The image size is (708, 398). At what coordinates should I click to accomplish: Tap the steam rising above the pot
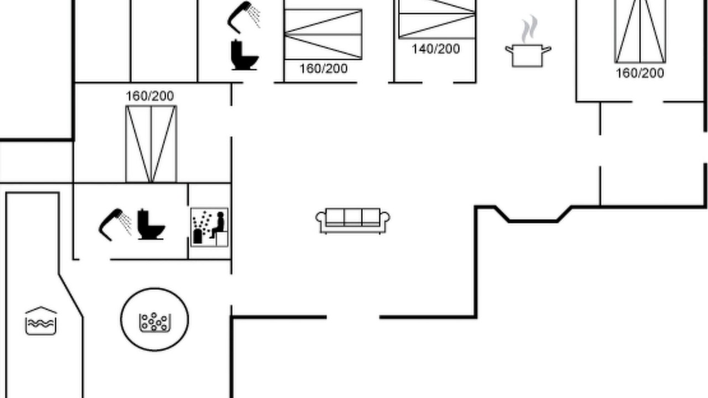pyautogui.click(x=529, y=28)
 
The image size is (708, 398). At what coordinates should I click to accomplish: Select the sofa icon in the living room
pyautogui.click(x=353, y=221)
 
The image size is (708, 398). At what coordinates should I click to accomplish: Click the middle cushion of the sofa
pyautogui.click(x=353, y=216)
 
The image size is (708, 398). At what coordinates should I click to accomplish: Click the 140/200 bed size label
pyautogui.click(x=436, y=49)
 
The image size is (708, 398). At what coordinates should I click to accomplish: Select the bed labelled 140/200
pyautogui.click(x=437, y=19)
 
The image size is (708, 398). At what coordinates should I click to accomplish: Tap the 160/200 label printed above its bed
pyautogui.click(x=150, y=96)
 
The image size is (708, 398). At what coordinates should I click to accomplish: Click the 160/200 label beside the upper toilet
pyautogui.click(x=324, y=69)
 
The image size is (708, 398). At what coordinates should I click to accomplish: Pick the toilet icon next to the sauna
pyautogui.click(x=151, y=224)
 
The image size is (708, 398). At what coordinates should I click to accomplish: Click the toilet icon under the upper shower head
pyautogui.click(x=244, y=55)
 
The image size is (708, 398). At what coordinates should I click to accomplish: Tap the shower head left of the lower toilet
pyautogui.click(x=114, y=225)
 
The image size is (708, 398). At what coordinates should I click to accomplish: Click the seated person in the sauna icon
pyautogui.click(x=218, y=225)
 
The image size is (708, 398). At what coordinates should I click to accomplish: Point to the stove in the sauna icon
pyautogui.click(x=197, y=236)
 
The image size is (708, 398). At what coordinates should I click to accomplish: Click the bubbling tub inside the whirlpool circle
pyautogui.click(x=154, y=322)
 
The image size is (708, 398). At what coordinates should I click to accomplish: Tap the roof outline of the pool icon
pyautogui.click(x=41, y=310)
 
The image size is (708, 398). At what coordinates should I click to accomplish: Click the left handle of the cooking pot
pyautogui.click(x=509, y=49)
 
